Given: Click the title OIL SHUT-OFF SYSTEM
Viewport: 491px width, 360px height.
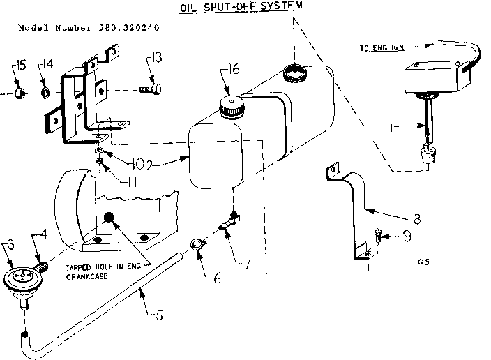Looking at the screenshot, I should click(x=232, y=8).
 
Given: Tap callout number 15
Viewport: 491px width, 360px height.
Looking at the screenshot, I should click(x=20, y=66).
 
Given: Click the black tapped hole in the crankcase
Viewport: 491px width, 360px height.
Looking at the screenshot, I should click(x=109, y=218).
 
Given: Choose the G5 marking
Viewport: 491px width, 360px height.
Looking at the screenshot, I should click(x=423, y=262).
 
